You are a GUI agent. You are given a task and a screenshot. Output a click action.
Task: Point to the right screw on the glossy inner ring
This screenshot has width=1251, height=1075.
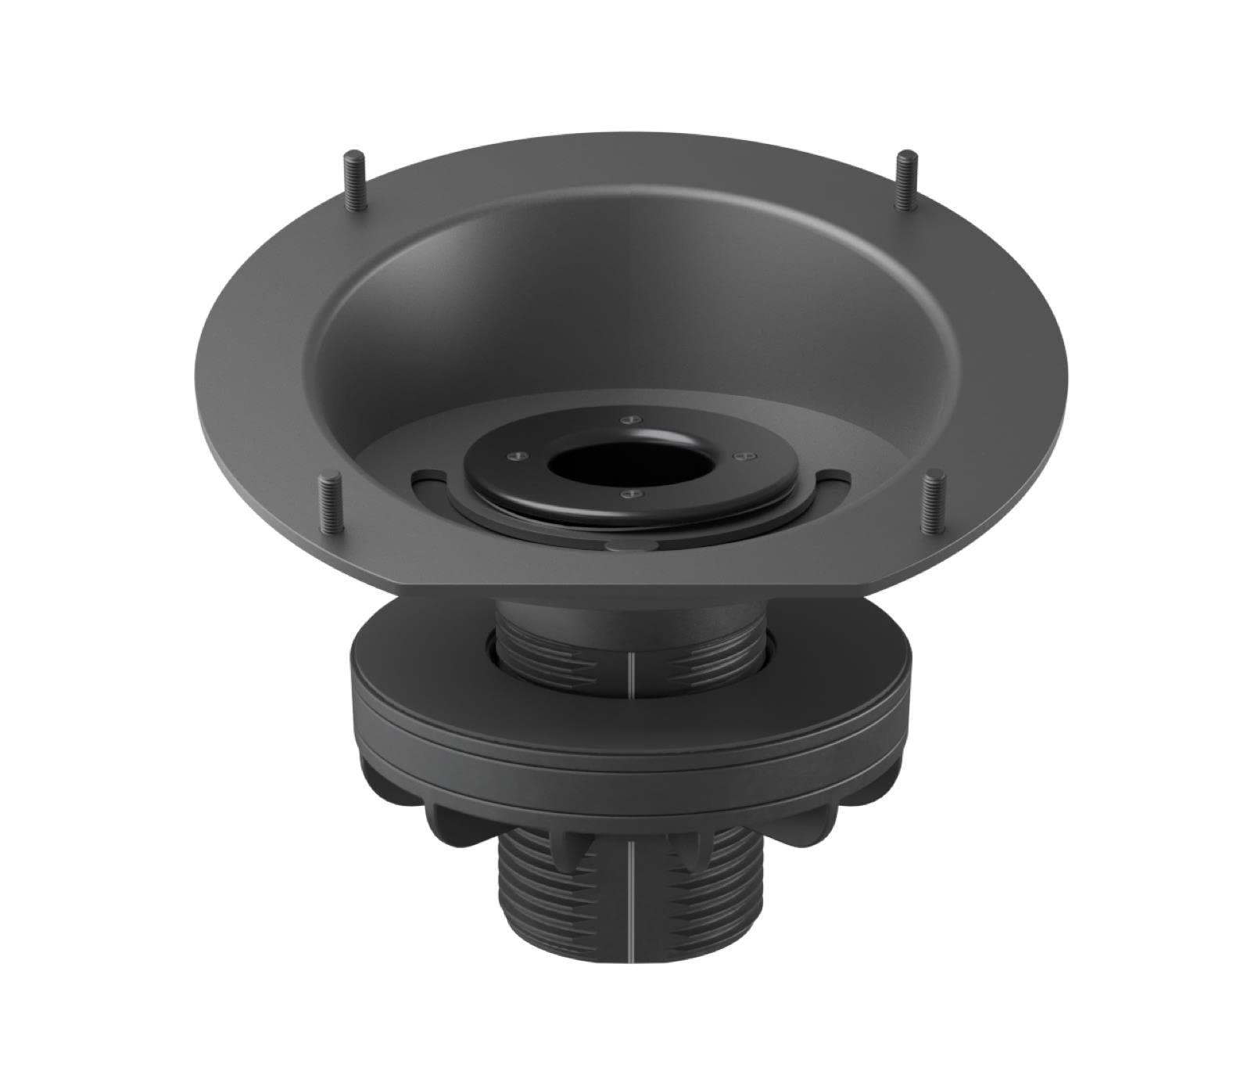coord(737,454)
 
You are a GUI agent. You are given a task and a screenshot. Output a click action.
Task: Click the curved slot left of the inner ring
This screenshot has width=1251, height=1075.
coord(428,475)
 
